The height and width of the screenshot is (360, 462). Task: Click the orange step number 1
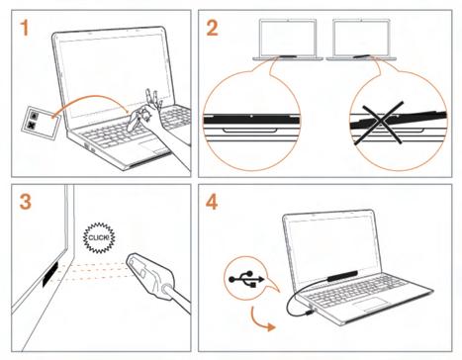tap(24, 28)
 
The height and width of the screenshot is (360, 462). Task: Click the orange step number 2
tap(212, 28)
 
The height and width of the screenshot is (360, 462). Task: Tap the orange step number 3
tap(26, 202)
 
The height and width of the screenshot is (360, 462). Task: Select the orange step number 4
tap(212, 202)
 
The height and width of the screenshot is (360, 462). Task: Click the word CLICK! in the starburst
tap(99, 237)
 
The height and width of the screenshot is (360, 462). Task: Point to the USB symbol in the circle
tap(246, 279)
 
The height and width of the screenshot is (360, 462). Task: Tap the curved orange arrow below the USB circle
tap(260, 320)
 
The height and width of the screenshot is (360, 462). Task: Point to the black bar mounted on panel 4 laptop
tap(342, 276)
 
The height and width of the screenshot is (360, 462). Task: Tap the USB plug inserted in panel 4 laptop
tap(310, 312)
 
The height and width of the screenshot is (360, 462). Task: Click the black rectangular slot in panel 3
tap(50, 274)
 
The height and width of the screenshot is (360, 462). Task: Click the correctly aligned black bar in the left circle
tap(251, 119)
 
